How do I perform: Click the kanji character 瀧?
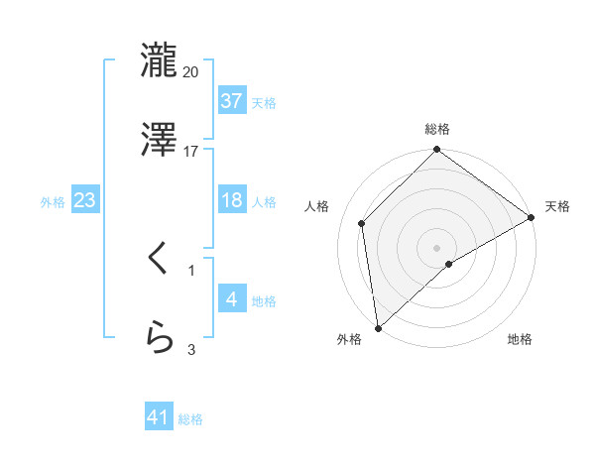[159, 59]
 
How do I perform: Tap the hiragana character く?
[159, 260]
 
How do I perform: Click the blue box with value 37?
[231, 100]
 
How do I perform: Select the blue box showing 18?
[231, 200]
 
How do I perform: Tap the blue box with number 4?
[231, 298]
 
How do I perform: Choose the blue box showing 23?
[85, 200]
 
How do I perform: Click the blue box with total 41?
[159, 417]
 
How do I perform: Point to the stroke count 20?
[191, 71]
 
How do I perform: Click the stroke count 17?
[191, 152]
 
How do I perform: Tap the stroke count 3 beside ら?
[191, 349]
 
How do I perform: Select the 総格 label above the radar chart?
[437, 129]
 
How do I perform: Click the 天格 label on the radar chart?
[557, 206]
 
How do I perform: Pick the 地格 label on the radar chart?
[520, 340]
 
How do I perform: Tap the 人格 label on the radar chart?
[318, 206]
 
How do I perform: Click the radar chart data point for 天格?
[532, 218]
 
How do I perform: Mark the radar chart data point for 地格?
[449, 264]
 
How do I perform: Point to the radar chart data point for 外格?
[378, 328]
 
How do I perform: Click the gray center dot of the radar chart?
[437, 247]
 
